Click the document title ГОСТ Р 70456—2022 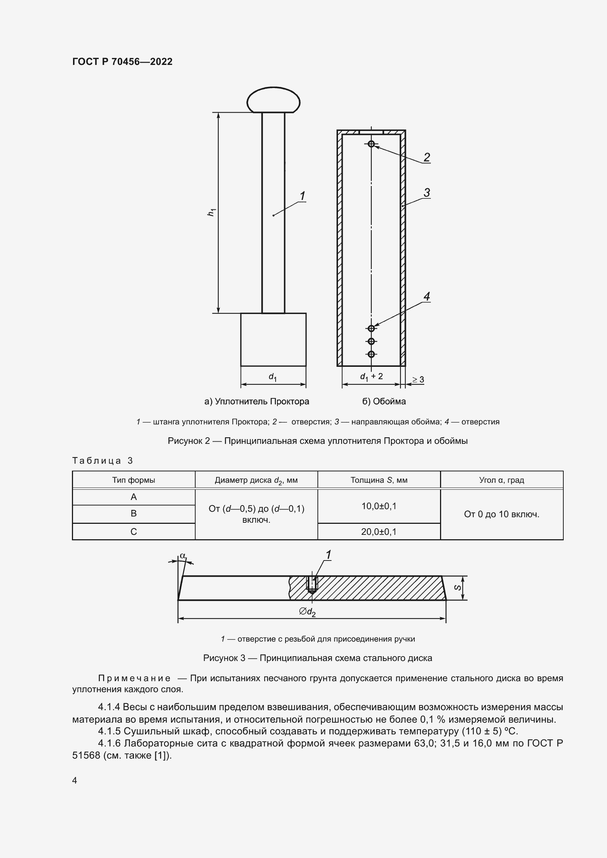coord(122,62)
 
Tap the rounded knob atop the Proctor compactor coord(273,100)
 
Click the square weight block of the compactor coord(273,339)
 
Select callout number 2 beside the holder coord(426,157)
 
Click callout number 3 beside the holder coord(426,193)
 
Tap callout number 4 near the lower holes coord(426,296)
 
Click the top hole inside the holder coord(371,144)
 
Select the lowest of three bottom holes coord(371,354)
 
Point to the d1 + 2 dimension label coord(371,376)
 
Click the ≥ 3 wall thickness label coord(418,380)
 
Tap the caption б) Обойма coord(384,401)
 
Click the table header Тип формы coord(134,480)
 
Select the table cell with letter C coord(134,532)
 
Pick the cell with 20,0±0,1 coord(379,532)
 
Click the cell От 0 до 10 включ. coord(502,514)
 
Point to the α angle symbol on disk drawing coord(182,556)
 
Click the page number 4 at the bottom coord(74,780)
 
